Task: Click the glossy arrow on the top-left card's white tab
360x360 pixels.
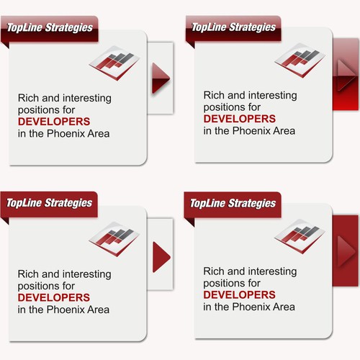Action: [160, 78]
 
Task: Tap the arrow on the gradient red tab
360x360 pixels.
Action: [345, 75]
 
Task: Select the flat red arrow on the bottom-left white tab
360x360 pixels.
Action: [160, 257]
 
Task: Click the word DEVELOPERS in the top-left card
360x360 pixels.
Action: [54, 122]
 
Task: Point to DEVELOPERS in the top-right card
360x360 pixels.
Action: [240, 119]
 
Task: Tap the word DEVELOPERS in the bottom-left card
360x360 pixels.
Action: [54, 297]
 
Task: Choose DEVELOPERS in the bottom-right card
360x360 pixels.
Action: [239, 294]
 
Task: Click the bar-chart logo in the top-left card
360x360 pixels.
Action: [114, 63]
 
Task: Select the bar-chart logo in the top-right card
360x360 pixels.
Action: [300, 60]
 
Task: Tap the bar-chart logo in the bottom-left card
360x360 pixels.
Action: [114, 239]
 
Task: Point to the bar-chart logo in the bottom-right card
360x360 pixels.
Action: [300, 236]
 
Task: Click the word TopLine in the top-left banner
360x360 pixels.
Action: [24, 27]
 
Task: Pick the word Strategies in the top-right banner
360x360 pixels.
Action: [253, 27]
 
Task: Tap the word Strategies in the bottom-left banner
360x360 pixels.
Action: [68, 203]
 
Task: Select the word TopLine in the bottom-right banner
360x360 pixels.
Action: [208, 204]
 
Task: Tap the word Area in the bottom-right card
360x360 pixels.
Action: [284, 307]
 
